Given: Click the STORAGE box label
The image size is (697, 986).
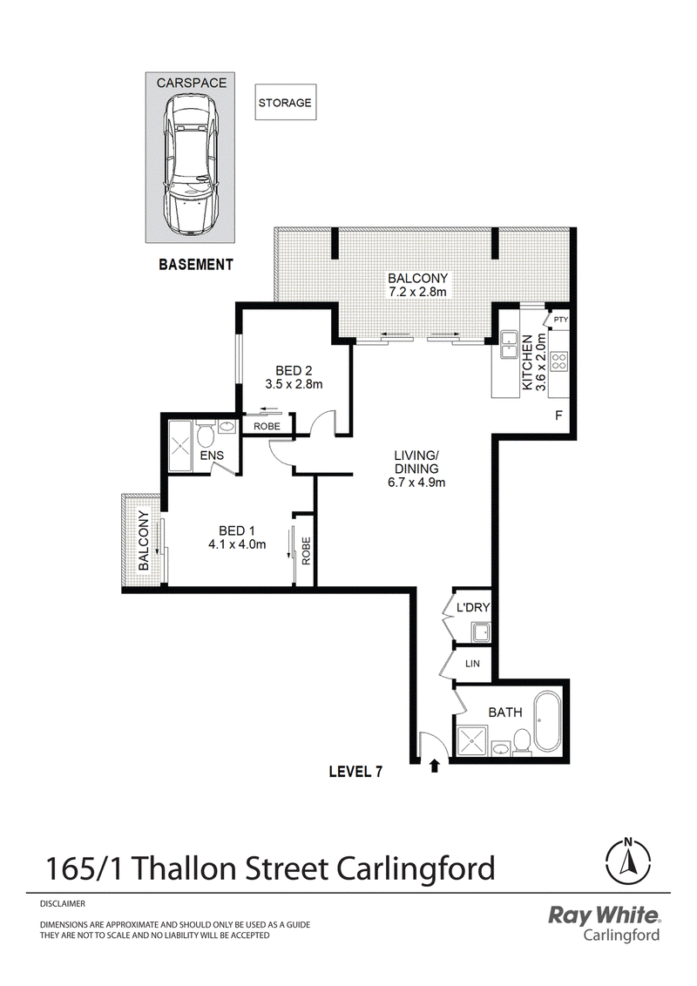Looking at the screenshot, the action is pos(285,103).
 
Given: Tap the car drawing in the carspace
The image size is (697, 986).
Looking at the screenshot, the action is pos(191,163).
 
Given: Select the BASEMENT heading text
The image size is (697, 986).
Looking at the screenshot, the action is pos(196,265).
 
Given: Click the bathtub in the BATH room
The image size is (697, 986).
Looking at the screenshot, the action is pos(546,722).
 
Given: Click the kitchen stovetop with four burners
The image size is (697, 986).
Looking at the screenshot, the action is pos(558,361).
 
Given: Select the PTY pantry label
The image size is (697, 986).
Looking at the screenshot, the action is pos(560,320).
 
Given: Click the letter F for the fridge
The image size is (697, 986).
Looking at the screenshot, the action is pos(558,415).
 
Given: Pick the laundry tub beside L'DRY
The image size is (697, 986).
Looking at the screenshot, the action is pos(482,632).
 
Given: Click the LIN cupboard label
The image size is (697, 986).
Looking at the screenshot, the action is pos(472,664).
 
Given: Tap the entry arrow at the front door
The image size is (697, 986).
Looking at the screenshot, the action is pos(434,766).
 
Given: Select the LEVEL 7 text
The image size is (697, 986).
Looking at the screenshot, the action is pos(356,772).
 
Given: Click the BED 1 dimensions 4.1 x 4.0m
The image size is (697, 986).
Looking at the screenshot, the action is pos(237,544).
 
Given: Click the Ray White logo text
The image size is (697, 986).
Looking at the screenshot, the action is pos(604,915).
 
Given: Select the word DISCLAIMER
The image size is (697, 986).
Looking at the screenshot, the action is pos(62,903).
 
